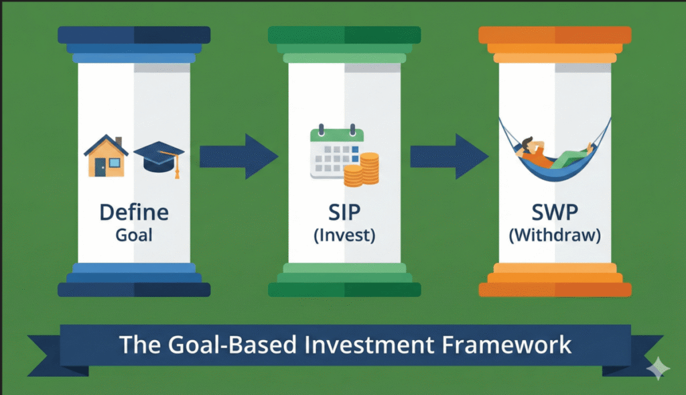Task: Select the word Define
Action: tap(134, 213)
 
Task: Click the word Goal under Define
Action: tap(134, 235)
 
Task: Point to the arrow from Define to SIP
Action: tap(237, 156)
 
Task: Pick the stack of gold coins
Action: tap(361, 169)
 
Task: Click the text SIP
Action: tap(344, 213)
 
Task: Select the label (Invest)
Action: tap(344, 236)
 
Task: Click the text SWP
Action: tap(555, 213)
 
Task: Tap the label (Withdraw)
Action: tap(555, 236)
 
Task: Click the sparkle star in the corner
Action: tap(658, 368)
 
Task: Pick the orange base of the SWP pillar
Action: tap(555, 289)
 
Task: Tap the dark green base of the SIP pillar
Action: tap(344, 289)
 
